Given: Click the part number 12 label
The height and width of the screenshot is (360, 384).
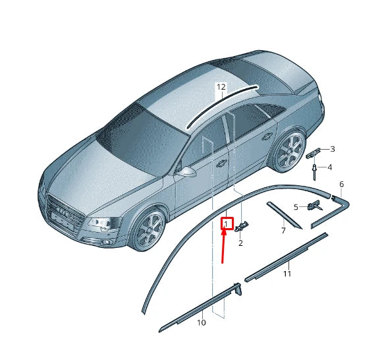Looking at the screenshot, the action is [x=221, y=87].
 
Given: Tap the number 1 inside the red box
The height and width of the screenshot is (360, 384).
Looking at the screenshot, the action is [x=227, y=224].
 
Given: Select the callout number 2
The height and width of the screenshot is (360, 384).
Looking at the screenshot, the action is [x=240, y=243].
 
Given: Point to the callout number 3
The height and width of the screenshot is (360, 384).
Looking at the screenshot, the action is [x=333, y=149].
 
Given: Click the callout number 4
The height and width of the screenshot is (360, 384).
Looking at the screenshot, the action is [x=329, y=167].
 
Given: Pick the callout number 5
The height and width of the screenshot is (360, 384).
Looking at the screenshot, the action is [x=296, y=207].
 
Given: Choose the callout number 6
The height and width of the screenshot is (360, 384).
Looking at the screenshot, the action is [x=342, y=184].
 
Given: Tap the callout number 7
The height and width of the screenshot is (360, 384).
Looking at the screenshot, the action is [x=283, y=231].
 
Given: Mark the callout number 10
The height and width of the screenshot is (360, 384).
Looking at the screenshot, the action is [x=202, y=322].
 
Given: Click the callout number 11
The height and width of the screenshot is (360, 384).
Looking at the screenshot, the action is [x=287, y=274].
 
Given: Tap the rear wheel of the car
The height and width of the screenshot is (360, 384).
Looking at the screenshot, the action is [x=288, y=151].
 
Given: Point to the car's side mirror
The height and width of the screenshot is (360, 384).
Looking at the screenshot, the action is [x=186, y=171].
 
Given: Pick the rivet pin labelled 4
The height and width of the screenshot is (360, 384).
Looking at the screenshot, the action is [x=314, y=172].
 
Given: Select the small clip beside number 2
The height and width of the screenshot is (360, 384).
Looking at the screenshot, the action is [x=242, y=226].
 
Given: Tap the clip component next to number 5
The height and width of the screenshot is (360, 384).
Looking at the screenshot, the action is [x=314, y=205].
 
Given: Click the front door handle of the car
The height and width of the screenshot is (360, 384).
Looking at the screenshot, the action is [x=221, y=164].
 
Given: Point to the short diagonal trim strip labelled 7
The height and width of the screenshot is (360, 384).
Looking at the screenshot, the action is [x=284, y=216].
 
